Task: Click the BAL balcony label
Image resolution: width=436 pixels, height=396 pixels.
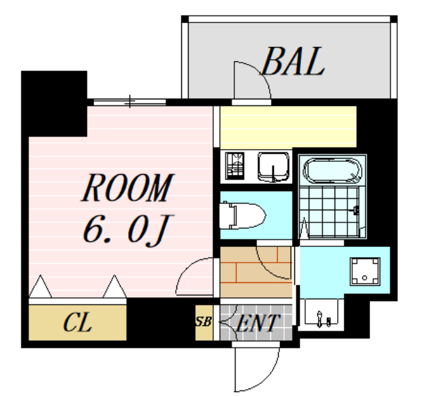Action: (x=293, y=62)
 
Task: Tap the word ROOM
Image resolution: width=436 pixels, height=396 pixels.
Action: (x=127, y=188)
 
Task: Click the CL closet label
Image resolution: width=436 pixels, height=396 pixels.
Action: (x=77, y=323)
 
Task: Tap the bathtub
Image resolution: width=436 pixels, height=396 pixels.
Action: (x=332, y=171)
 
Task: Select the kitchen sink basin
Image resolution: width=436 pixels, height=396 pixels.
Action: (x=274, y=166)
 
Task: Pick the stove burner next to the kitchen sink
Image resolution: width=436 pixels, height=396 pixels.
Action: (x=236, y=165)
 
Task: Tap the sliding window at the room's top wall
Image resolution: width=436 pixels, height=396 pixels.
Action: (x=129, y=102)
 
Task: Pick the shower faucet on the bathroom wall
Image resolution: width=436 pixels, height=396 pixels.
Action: (x=357, y=211)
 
